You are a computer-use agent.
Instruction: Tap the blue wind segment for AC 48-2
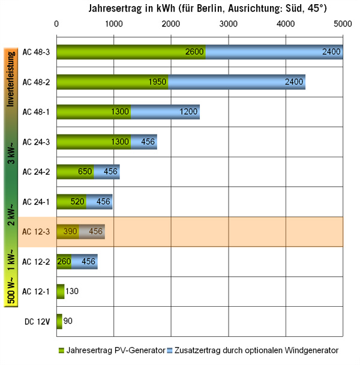tap(237, 82)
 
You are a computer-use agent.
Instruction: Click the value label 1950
tap(158, 82)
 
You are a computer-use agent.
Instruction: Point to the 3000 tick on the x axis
tap(228, 23)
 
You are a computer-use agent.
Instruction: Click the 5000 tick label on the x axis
tap(342, 23)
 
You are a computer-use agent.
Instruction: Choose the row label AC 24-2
tap(35, 172)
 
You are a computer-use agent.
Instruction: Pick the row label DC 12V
tap(35, 321)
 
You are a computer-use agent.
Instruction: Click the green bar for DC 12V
tap(59, 321)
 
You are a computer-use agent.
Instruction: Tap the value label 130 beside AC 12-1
tap(73, 291)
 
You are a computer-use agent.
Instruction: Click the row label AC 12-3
tap(35, 231)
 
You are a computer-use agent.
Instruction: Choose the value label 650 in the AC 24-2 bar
tap(85, 172)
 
